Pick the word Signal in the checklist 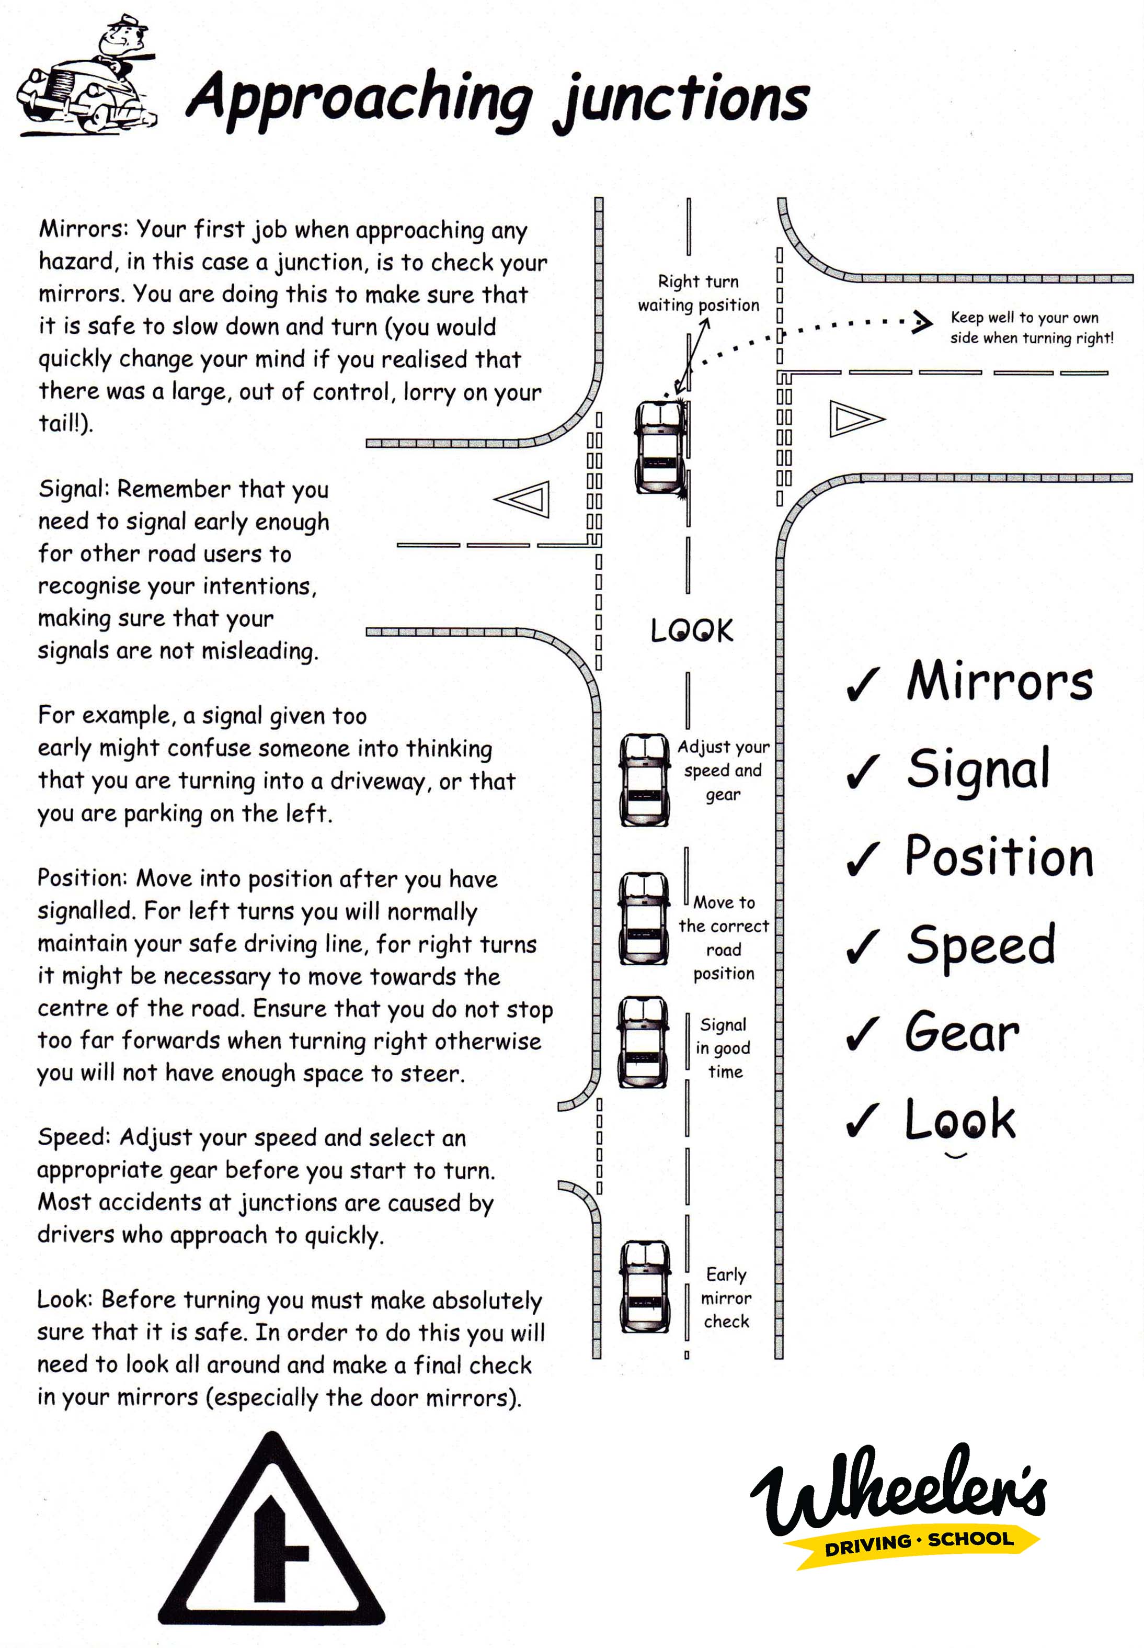978,769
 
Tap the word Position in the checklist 999,856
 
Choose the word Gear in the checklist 962,1032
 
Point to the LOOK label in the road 692,630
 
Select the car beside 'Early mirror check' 645,1286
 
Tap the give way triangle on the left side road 525,499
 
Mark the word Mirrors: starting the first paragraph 83,230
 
